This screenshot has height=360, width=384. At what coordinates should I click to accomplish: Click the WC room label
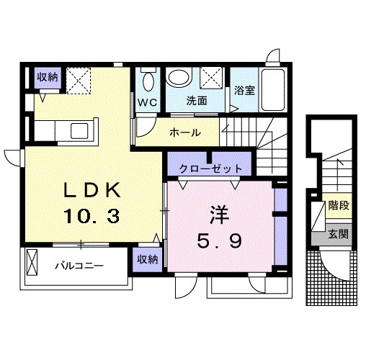coord(148,102)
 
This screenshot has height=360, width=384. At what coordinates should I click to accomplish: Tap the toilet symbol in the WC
coord(148,78)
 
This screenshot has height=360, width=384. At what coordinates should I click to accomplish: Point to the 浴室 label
coord(244,91)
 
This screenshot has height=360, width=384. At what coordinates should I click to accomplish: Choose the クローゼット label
coord(210,167)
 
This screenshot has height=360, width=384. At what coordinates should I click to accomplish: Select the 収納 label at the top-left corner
coord(48,77)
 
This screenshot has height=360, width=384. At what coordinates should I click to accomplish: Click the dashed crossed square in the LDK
coord(79,81)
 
